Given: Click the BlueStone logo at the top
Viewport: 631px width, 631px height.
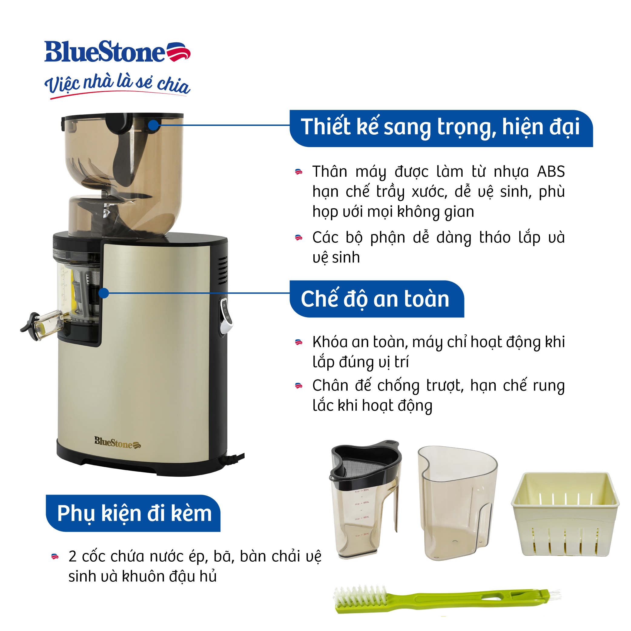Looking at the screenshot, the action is pos(117,52).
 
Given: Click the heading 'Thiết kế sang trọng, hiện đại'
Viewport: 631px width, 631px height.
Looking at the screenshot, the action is pos(440,127).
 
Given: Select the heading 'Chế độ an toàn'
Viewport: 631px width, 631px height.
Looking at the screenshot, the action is pos(375,298).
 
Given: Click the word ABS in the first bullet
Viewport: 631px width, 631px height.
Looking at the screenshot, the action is pos(551,172).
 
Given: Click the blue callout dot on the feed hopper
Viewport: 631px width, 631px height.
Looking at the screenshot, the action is pos(153,125).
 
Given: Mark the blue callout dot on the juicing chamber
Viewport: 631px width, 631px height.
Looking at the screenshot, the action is pos(104,293).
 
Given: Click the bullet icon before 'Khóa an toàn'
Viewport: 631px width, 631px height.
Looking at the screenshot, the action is pos(298,342).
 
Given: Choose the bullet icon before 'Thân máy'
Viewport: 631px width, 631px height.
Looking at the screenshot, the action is pos(298,172).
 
